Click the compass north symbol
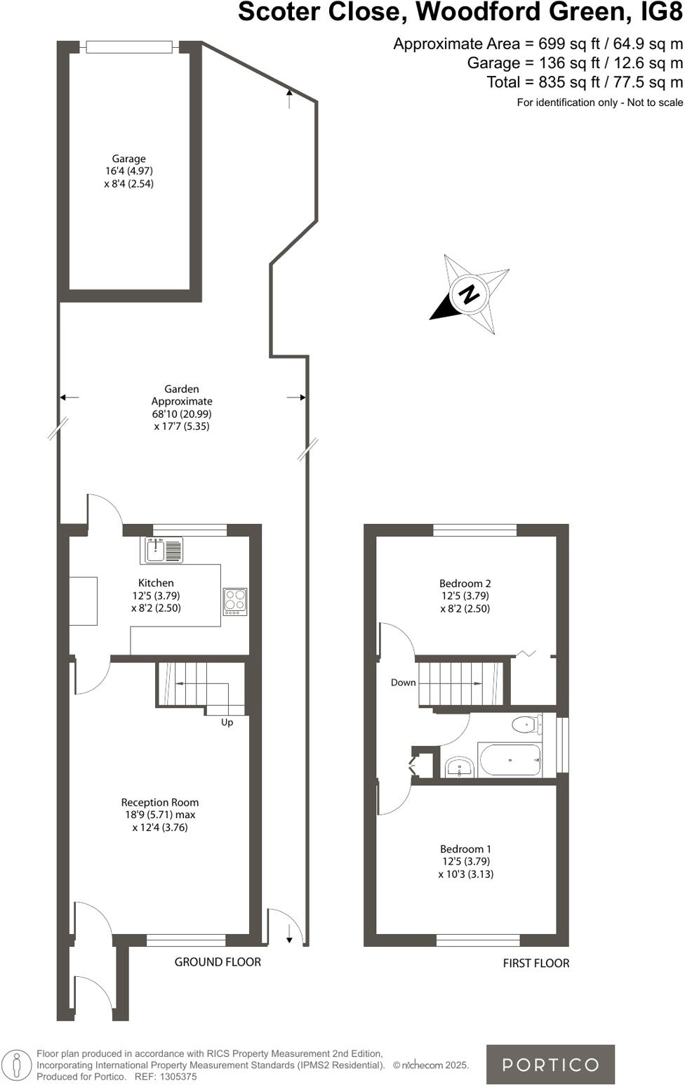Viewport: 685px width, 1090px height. pos(469,294)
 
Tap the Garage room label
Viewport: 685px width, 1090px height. pos(128,159)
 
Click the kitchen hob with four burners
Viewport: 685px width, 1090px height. pos(235,602)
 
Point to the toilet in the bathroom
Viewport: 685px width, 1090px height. pos(526,724)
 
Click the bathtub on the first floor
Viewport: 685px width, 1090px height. pos(510,760)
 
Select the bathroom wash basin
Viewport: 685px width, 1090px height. pos(460,768)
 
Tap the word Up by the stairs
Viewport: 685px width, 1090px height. pos(227,722)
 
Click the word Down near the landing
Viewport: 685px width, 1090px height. pos(403,683)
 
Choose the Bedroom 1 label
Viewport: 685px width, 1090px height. pos(465,849)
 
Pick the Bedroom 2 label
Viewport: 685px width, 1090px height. pos(465,583)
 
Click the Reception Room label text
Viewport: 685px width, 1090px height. pos(159,802)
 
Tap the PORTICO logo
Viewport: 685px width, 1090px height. pos(550,1065)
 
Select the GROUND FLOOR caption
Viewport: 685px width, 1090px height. pos(218,962)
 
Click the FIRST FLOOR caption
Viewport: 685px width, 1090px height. pos(536,964)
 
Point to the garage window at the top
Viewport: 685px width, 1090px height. pos(128,47)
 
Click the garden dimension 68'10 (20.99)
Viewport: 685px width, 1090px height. pos(181,414)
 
